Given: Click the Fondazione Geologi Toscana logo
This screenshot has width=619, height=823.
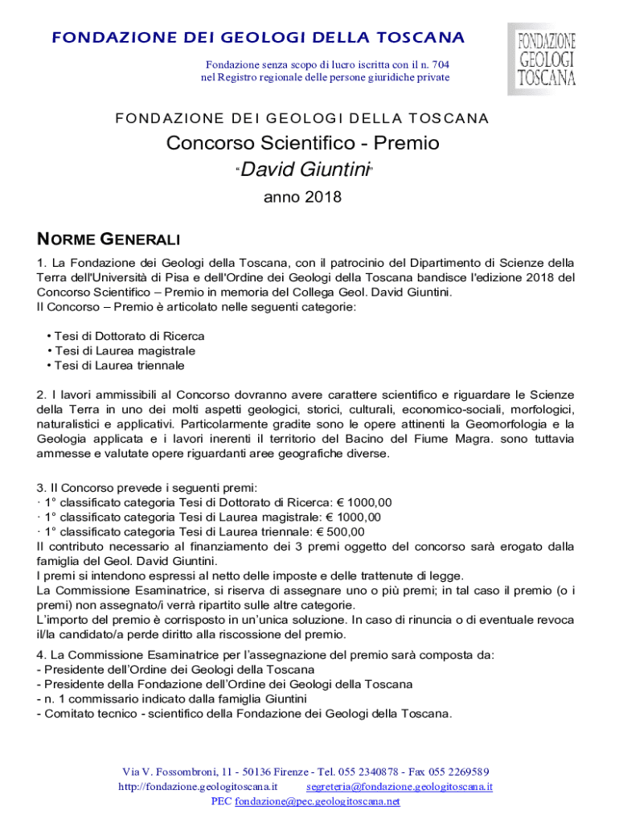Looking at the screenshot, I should (x=546, y=58).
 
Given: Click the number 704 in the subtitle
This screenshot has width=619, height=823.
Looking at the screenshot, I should (x=438, y=64).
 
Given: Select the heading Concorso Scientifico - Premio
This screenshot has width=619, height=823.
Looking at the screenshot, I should (x=302, y=144).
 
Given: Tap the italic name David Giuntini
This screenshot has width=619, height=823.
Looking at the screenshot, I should (x=305, y=170).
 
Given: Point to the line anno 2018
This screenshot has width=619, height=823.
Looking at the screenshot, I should (x=302, y=197).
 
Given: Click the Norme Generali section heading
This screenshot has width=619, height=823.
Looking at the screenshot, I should (x=109, y=240).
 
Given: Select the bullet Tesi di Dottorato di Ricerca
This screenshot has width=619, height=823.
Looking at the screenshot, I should (x=129, y=336).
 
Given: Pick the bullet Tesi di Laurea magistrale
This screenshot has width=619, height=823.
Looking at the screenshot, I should (x=124, y=351).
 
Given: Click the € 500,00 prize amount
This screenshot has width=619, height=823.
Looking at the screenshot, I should (x=337, y=531).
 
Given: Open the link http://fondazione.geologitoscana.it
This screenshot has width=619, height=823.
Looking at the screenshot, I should (x=198, y=787).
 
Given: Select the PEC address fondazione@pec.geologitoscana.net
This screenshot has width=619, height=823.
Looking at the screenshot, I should (x=317, y=801).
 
